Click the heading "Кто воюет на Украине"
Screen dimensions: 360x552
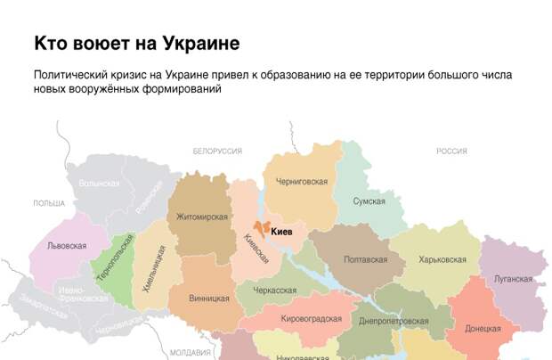point(136,44)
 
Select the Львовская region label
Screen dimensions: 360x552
point(67,245)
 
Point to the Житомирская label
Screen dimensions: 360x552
point(202,217)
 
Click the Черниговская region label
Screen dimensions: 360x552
point(301,182)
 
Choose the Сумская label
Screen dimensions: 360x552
point(368,202)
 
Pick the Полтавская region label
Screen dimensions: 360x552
point(366,259)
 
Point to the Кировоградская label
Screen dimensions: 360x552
point(312,318)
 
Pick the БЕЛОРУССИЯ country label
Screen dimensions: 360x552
point(217,151)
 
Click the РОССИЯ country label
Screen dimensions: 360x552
point(451,151)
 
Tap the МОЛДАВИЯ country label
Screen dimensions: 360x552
point(190,352)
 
